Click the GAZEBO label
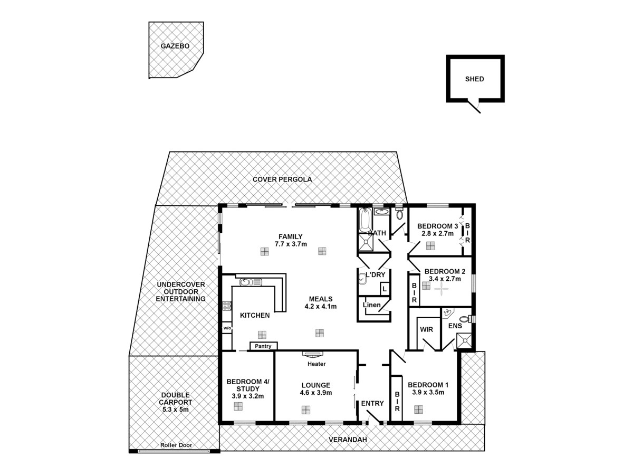coord(175,46)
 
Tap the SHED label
coord(474,79)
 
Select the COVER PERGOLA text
coord(282,179)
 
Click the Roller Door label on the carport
coord(176,445)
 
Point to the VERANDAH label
coord(347,440)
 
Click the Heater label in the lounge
coord(316,364)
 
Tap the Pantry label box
coord(263,346)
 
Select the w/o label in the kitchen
coord(227,328)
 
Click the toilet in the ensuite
coord(465,319)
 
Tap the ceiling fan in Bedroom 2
coord(441,289)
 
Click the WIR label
coord(426,329)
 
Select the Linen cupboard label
coord(371,305)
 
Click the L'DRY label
coord(376,274)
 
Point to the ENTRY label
coord(372,404)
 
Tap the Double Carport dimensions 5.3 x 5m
coord(176,409)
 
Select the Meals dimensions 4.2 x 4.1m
coord(321,306)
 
